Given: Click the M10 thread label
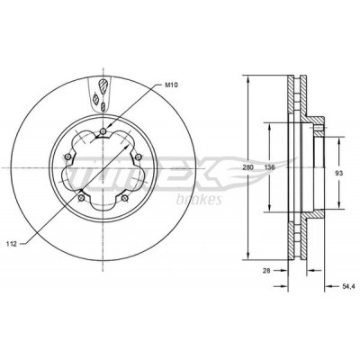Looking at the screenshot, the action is (x=172, y=85).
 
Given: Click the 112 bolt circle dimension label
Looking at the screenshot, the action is (x=11, y=244).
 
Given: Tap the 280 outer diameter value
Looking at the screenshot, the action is (x=248, y=167).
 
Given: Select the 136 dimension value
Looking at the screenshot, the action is (x=270, y=167).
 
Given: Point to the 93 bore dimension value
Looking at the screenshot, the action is (x=339, y=173).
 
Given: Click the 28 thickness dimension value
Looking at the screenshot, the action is (x=266, y=270).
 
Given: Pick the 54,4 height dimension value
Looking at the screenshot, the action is (x=348, y=286).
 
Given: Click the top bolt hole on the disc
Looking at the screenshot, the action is (x=103, y=131).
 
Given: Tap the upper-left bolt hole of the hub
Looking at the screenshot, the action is (x=67, y=157).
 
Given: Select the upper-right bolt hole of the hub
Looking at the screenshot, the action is (x=139, y=157).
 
